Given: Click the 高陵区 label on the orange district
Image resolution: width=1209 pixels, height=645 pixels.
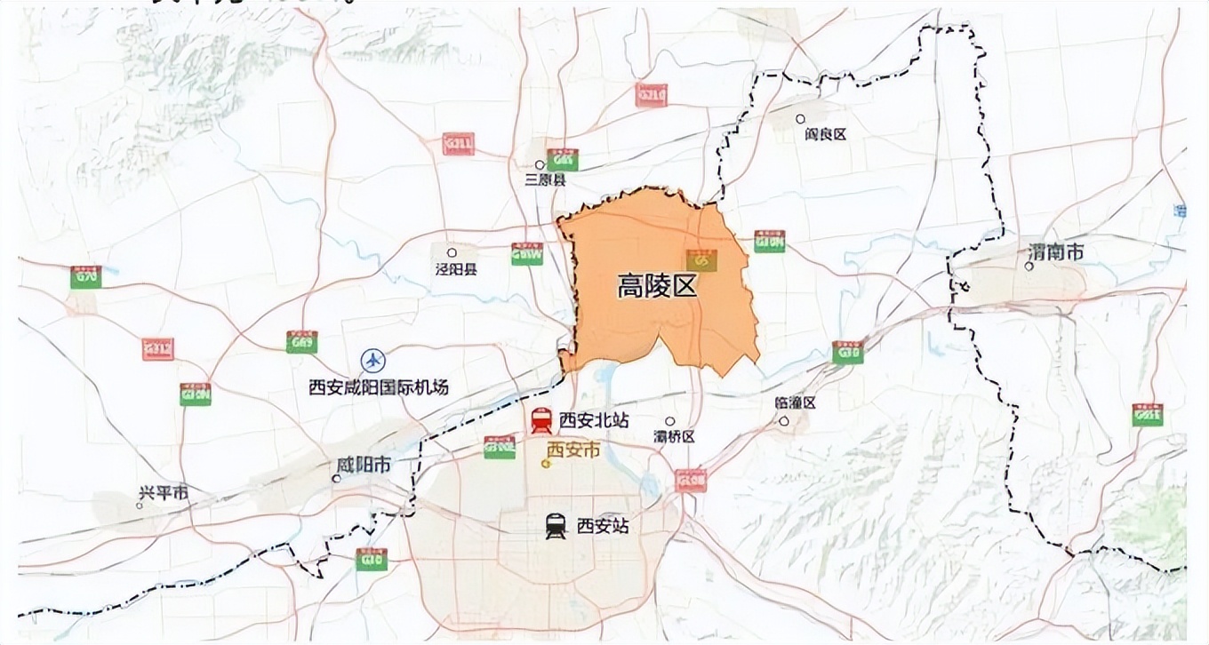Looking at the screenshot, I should pyautogui.click(x=655, y=285).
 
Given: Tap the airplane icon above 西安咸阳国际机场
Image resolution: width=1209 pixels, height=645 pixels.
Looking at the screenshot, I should pyautogui.click(x=374, y=361).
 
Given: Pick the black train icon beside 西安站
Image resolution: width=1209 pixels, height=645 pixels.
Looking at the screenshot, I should pyautogui.click(x=556, y=527).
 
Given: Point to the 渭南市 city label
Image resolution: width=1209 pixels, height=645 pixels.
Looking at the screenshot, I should pyautogui.click(x=1055, y=253).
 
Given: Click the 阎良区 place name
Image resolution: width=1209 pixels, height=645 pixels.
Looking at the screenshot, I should pyautogui.click(x=825, y=134).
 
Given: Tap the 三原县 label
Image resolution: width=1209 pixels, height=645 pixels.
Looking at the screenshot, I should pyautogui.click(x=545, y=180).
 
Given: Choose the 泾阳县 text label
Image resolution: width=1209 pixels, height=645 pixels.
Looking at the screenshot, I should pyautogui.click(x=456, y=268).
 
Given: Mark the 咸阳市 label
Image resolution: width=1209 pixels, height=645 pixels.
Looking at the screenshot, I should pyautogui.click(x=364, y=466).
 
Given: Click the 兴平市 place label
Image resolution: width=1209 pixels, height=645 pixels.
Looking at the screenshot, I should pyautogui.click(x=164, y=494).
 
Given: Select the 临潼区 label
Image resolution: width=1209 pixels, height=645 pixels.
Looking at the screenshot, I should pyautogui.click(x=795, y=402).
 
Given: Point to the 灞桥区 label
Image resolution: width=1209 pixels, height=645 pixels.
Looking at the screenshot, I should pyautogui.click(x=673, y=436).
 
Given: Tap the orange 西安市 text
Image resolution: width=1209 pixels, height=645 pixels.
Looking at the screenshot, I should pyautogui.click(x=572, y=450).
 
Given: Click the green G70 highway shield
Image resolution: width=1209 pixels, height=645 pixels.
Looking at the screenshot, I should pyautogui.click(x=86, y=276).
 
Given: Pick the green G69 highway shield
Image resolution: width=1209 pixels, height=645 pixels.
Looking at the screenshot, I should pyautogui.click(x=301, y=342).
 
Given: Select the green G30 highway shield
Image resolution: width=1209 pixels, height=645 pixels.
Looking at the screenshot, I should pyautogui.click(x=847, y=353).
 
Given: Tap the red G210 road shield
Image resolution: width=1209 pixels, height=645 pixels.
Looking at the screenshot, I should pyautogui.click(x=651, y=94).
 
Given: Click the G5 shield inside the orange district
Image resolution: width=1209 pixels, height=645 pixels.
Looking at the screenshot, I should pyautogui.click(x=701, y=260).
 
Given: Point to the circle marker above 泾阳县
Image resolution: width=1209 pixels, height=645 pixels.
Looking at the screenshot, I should pyautogui.click(x=452, y=252).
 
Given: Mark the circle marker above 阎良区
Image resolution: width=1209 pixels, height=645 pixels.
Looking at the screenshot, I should pyautogui.click(x=800, y=118).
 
